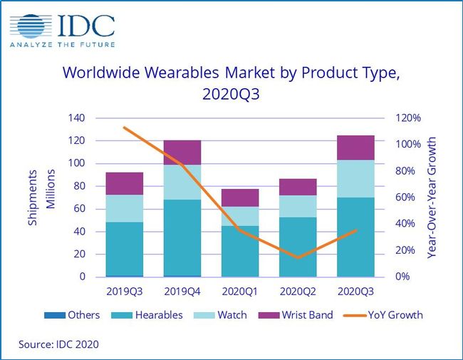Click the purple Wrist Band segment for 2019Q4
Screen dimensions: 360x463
[x=182, y=153]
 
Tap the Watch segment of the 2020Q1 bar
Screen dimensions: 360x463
[x=240, y=216]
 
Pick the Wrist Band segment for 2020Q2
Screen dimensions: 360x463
[x=298, y=187]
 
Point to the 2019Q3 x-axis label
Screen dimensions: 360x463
[x=125, y=290]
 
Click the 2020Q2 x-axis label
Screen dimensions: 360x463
[x=298, y=290]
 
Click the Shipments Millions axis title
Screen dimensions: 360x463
[x=41, y=197]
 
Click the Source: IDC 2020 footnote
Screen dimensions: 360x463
[x=59, y=344]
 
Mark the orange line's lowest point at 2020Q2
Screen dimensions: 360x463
[x=298, y=257]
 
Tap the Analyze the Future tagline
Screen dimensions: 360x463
[x=62, y=47]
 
